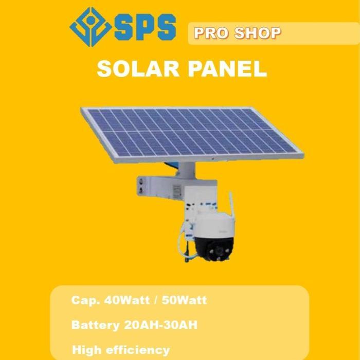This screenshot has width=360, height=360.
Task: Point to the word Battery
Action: pyautogui.click(x=96, y=326)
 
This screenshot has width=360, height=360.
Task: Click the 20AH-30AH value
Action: pyautogui.click(x=161, y=326)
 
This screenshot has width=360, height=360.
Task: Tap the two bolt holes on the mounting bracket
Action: pyautogui.click(x=140, y=186)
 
